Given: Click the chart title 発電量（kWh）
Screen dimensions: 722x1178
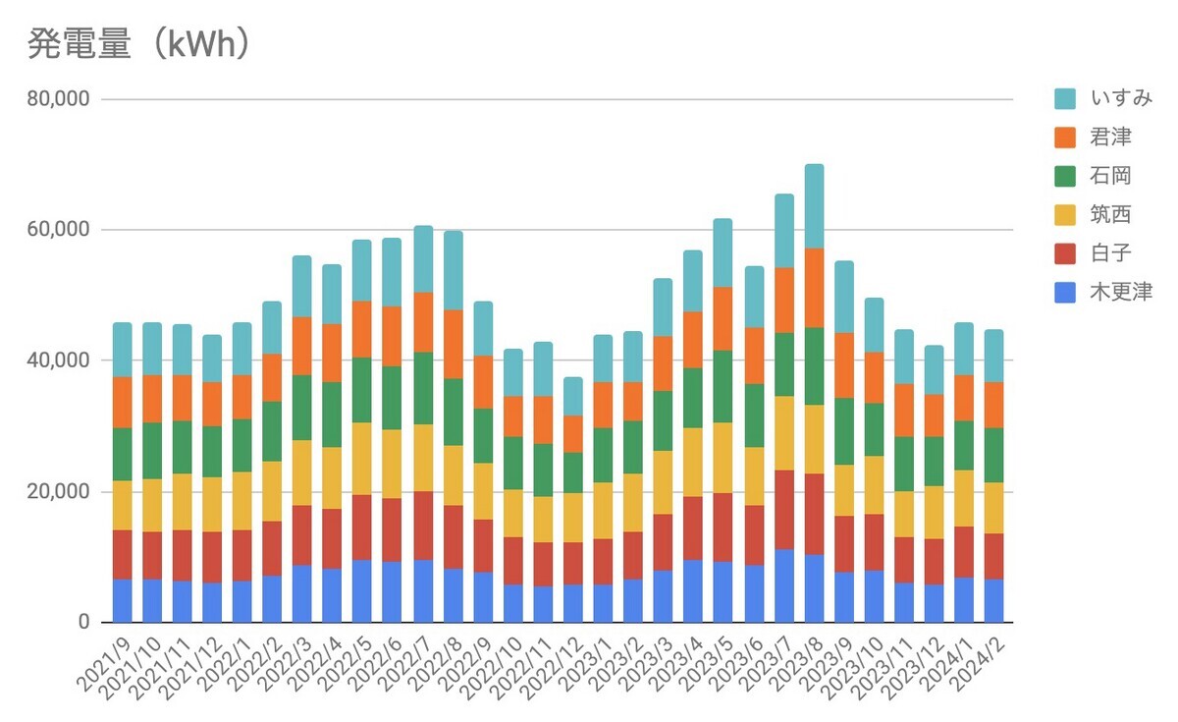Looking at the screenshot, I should coord(137,45).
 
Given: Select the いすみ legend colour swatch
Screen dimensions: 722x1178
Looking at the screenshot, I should coord(1065,99).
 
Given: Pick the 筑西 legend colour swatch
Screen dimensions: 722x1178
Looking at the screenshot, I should coord(1065,214).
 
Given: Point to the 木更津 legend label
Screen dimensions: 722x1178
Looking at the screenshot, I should coord(1120,292).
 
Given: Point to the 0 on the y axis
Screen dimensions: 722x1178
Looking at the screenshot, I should coord(82,622).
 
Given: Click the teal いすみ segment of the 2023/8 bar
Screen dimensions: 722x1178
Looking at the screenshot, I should coord(814,206).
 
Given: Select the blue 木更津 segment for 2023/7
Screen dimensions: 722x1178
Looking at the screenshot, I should coord(783,585).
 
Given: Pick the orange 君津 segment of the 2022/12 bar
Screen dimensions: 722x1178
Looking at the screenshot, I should coord(573,433).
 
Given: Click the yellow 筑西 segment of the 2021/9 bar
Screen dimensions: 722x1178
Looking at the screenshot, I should coord(122,505).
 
